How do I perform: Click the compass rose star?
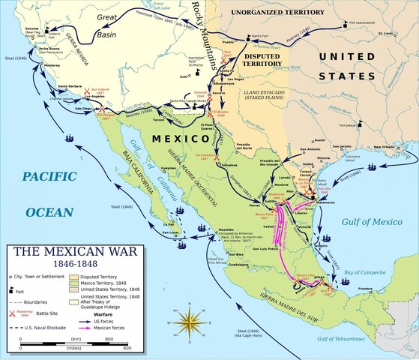193,323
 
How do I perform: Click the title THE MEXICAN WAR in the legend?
61,251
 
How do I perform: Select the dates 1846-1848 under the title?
61,264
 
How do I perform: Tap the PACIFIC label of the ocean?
49,176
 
